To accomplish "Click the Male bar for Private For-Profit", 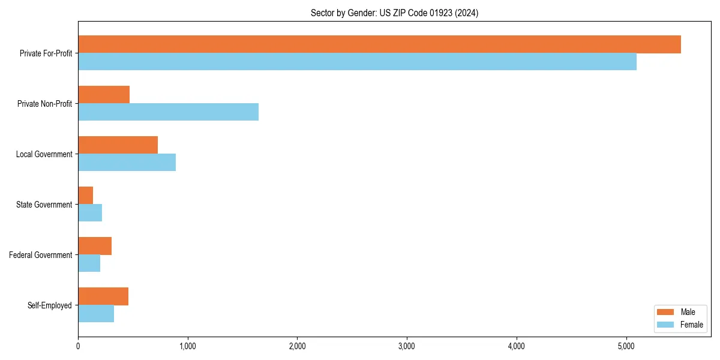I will [x=379, y=44].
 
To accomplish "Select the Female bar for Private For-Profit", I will [x=357, y=62].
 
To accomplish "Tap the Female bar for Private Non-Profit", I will [x=168, y=112].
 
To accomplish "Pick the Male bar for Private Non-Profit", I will [x=104, y=95].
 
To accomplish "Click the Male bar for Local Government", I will [x=118, y=145].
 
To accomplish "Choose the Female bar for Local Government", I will [x=127, y=163].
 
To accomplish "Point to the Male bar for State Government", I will [x=86, y=196].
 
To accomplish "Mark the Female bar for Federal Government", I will [x=89, y=263].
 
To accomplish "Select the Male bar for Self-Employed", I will [x=103, y=296].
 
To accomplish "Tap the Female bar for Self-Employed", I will [x=96, y=314].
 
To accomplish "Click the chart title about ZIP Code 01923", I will [x=394, y=13].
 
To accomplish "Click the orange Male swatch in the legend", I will [x=666, y=312].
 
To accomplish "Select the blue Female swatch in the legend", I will [x=666, y=325].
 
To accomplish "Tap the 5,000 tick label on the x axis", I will [x=626, y=346].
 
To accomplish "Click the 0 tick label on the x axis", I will [x=78, y=346].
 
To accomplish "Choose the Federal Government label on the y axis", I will [x=41, y=255].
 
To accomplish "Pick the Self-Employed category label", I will [x=50, y=305].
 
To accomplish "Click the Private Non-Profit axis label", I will [x=44, y=104].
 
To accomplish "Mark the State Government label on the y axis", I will [x=44, y=205].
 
